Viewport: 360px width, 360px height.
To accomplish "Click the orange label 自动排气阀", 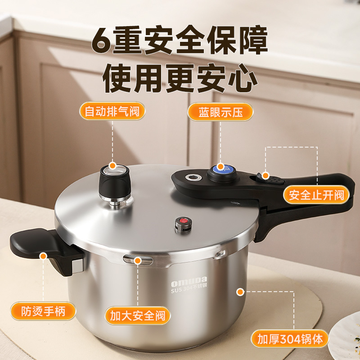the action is [112, 111].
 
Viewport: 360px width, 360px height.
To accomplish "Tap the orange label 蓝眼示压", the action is [220, 112].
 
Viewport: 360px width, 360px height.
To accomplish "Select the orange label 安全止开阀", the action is [316, 195].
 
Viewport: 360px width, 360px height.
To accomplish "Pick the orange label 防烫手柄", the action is [43, 311].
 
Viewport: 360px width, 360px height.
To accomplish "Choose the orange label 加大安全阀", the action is [138, 316].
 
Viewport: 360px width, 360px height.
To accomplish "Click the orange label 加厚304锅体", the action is [290, 339].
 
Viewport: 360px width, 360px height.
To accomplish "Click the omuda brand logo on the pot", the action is [189, 282].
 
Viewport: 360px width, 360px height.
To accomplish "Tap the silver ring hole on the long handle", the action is [193, 177].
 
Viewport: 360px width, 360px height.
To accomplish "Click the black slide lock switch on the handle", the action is [271, 179].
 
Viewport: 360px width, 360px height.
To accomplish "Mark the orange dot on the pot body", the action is [240, 292].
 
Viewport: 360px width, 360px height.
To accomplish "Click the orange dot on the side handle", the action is [43, 256].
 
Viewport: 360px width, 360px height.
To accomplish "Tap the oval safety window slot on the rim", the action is [138, 260].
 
